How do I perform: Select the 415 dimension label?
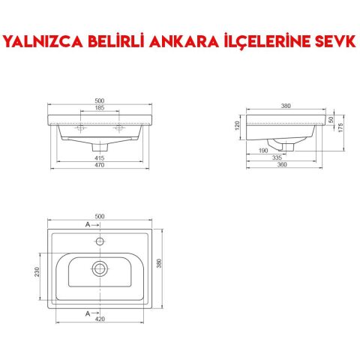point(100,157)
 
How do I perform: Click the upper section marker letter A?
point(88,225)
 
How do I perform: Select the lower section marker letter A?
point(88,312)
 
